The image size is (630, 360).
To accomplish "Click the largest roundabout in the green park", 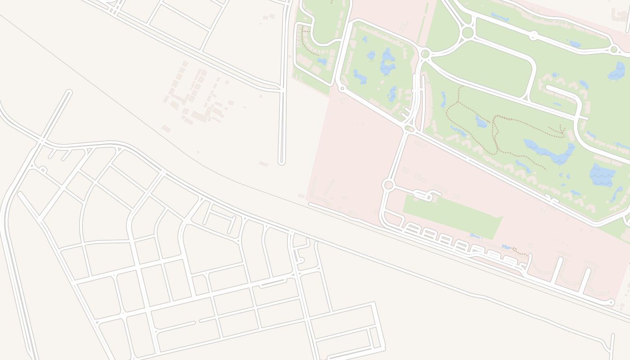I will point(468,32).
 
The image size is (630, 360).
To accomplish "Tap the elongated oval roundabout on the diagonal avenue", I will point(409,129).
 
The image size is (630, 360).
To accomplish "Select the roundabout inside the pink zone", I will point(388,185).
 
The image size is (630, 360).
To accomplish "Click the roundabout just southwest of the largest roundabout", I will point(425,54).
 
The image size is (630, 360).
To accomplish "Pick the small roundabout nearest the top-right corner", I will point(614,49).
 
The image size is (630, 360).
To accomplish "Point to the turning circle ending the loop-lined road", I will point(611,302).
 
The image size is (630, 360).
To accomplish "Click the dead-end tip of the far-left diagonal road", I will point(69,93).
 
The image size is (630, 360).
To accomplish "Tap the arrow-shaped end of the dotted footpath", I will point(562,131).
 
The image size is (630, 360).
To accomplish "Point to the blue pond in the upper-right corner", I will point(617,71).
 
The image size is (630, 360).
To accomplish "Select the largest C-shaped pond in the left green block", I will point(387,62).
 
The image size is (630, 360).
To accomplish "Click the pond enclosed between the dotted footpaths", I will point(481,121).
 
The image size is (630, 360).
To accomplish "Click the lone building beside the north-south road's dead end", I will point(263,164).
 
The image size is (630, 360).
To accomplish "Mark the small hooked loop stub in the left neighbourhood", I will point(42,169).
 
